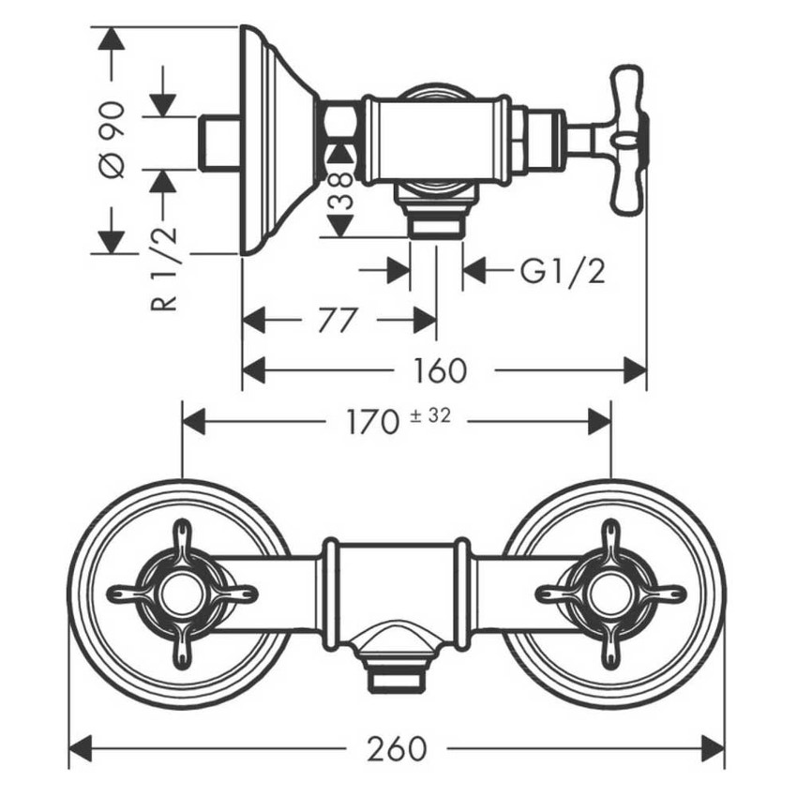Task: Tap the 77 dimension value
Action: [338, 321]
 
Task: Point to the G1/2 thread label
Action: [563, 272]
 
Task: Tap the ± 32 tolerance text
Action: [431, 415]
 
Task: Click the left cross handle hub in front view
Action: [181, 594]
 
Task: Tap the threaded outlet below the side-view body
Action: [436, 225]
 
